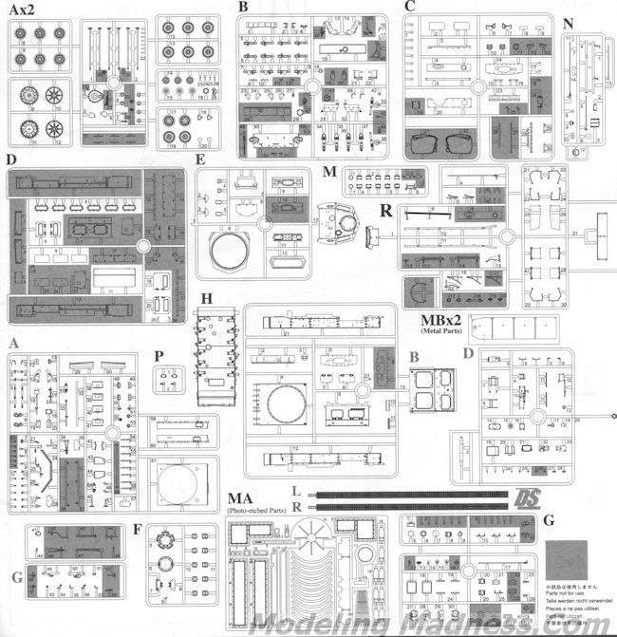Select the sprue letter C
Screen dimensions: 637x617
click(x=410, y=7)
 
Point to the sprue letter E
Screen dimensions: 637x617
click(x=200, y=160)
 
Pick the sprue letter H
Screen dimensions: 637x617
click(x=206, y=301)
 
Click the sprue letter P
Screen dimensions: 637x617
click(x=159, y=356)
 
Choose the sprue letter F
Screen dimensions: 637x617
click(x=139, y=529)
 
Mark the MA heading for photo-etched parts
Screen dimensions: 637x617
click(x=240, y=499)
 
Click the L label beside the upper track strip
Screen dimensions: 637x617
click(x=297, y=493)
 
